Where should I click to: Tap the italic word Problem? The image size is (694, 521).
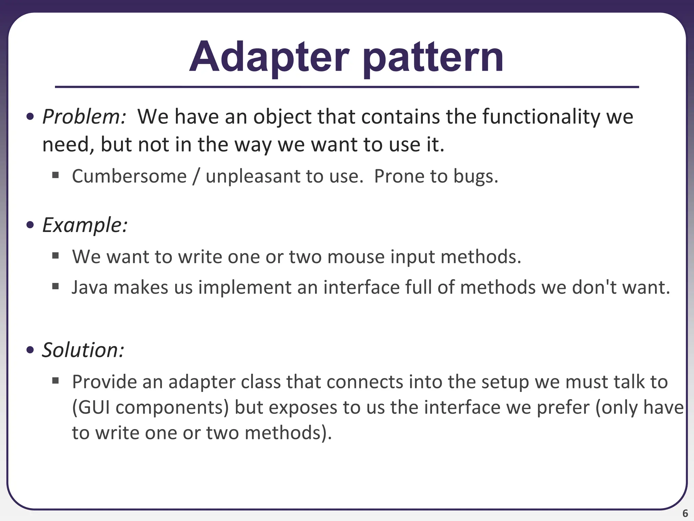point(84,117)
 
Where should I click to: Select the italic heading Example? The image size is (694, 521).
point(85,225)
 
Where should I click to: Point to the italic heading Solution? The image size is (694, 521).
point(83,350)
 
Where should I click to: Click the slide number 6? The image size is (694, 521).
point(685,513)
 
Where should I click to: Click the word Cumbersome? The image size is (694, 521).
point(129,176)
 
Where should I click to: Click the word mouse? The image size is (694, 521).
point(356,257)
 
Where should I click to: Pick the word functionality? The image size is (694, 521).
point(541,117)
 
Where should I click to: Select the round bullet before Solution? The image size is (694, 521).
point(30,350)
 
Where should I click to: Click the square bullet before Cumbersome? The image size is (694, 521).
point(56,175)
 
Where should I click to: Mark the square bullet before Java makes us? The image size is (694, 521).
point(56,287)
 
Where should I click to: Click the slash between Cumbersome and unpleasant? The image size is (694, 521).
point(196,176)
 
